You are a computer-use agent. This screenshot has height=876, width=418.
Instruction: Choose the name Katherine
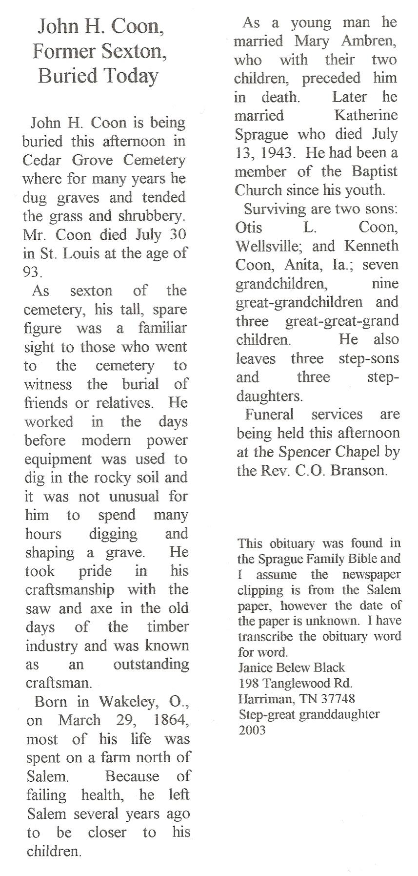click(366, 115)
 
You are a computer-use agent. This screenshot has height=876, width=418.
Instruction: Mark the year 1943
click(277, 153)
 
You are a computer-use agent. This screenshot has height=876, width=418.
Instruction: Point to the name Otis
click(249, 228)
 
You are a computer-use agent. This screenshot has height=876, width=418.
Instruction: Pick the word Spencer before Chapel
click(305, 452)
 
